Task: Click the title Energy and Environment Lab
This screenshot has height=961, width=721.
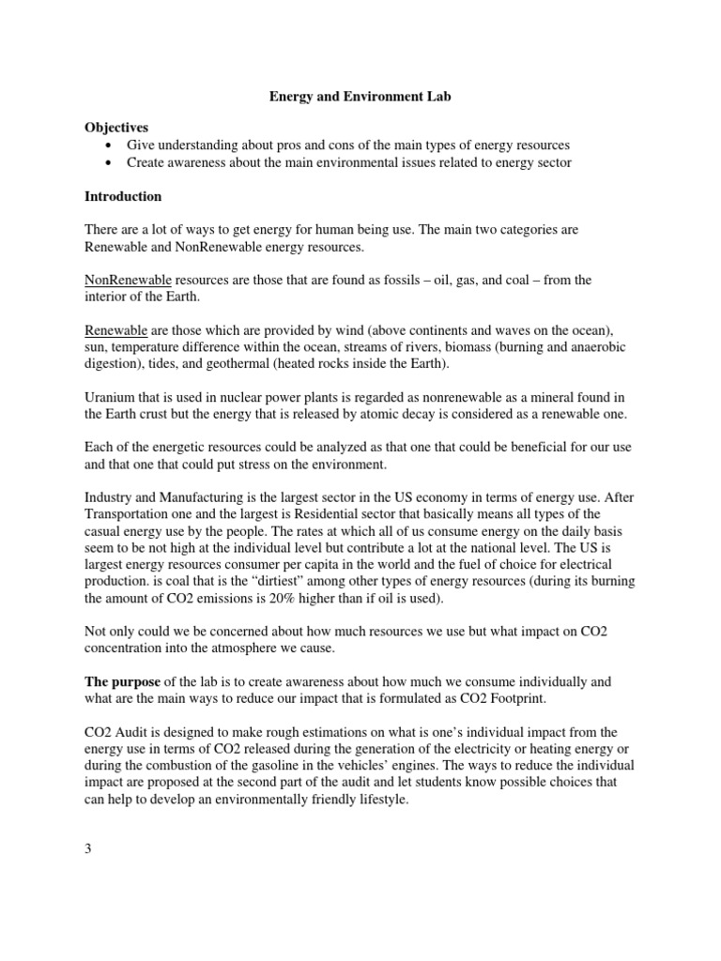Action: click(361, 97)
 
